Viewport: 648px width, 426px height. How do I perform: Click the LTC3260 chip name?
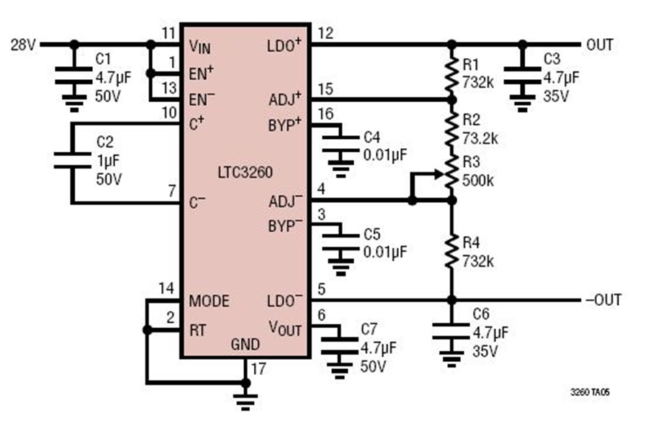245,172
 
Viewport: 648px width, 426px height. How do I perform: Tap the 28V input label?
23,44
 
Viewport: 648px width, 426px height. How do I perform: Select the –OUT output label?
603,299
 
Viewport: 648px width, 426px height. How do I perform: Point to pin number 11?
168,32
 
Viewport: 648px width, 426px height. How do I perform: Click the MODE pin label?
209,301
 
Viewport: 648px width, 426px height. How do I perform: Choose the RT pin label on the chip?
197,330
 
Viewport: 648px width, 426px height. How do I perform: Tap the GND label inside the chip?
245,344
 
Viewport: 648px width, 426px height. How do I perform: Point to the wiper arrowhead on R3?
439,174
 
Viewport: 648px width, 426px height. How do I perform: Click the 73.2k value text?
480,138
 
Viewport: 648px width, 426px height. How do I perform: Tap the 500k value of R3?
478,180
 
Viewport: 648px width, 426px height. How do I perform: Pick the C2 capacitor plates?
72,160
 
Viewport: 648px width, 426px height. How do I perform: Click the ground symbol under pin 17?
246,402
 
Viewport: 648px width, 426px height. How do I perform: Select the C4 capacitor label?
372,137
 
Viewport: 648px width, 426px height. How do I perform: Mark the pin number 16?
325,114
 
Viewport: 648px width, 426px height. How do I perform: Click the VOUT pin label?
284,328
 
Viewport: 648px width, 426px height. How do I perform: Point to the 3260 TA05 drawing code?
590,391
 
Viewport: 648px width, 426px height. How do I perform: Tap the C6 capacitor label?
481,314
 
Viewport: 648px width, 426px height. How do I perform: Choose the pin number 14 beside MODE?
166,289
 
